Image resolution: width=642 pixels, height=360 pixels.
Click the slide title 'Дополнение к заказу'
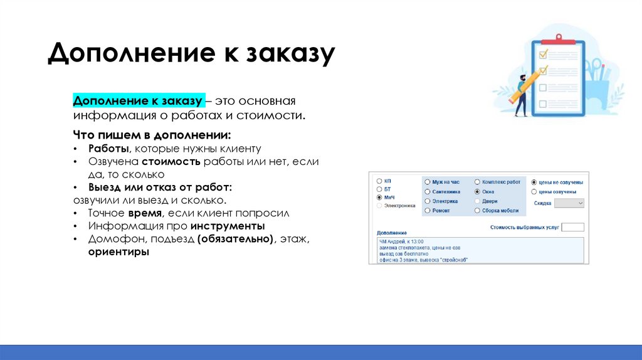[191, 54]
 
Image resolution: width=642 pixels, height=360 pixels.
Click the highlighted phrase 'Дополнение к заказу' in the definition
[137, 102]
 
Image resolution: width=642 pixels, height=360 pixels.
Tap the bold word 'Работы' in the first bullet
[108, 149]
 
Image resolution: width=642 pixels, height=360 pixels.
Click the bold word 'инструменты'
[228, 226]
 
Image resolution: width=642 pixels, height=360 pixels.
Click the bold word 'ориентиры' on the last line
[118, 252]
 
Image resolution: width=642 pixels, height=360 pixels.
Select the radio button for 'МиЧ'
[379, 198]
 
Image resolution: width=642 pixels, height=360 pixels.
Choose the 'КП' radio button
[379, 181]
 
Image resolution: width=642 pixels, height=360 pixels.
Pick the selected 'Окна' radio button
[477, 191]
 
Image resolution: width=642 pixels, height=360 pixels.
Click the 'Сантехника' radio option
[428, 191]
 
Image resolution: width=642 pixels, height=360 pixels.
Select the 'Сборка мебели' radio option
[477, 211]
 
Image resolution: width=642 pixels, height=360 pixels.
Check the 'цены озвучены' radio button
[534, 192]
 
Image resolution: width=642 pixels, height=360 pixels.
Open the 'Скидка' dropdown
[569, 203]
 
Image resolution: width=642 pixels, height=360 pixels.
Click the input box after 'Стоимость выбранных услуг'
[572, 227]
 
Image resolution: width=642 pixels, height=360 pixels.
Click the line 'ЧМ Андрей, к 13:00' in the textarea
[402, 241]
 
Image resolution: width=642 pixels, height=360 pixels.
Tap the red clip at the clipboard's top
[557, 39]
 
